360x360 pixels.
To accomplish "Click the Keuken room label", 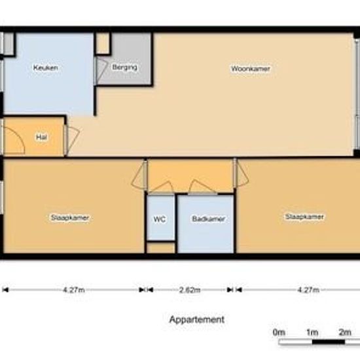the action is pos(45,67).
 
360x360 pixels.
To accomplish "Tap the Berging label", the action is pos(124,67).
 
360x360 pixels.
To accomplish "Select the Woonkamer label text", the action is pos(251,69).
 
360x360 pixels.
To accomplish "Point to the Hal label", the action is pos(41,137).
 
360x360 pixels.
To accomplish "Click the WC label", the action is pos(160,219).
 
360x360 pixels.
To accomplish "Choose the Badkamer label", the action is pos(208,219).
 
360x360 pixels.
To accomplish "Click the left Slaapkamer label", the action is pos(70,217).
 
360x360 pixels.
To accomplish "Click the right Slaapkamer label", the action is pos(304,217).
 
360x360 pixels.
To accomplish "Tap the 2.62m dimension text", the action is pos(190,290).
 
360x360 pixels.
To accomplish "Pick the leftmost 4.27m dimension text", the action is pos(74,290).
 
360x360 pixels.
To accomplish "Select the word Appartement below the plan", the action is pos(197,319).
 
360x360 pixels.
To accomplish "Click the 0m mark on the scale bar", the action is pos(279,333).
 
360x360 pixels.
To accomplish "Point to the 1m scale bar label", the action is pos(312,333).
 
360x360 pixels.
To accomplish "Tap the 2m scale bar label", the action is pos(345,333).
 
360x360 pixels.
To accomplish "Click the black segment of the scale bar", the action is pos(329,342).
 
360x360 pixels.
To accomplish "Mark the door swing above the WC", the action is pos(162,187).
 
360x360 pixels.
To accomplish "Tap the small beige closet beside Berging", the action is pos(102,43).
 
